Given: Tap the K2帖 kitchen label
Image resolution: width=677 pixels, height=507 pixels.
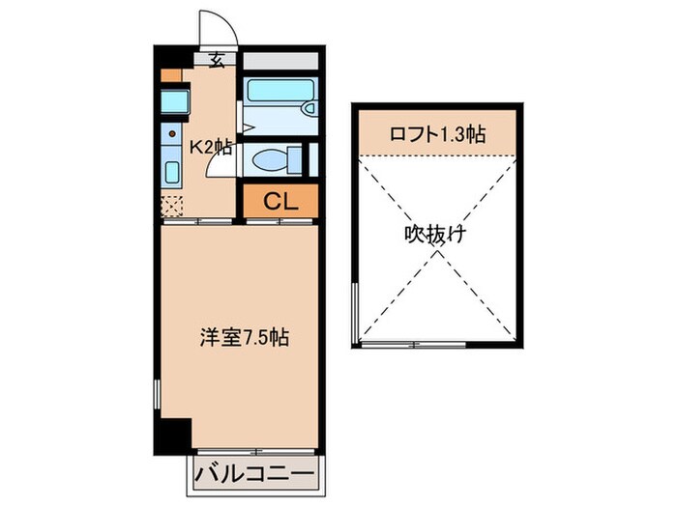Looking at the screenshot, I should pyautogui.click(x=210, y=148).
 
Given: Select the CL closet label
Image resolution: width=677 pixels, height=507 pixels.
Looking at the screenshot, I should pyautogui.click(x=280, y=202).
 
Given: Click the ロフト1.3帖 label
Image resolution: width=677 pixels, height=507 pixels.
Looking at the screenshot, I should pyautogui.click(x=437, y=134).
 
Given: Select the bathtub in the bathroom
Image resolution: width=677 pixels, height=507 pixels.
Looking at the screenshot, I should pyautogui.click(x=279, y=98).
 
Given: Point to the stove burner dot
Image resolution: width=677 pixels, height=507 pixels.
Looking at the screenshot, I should pyautogui.click(x=172, y=133).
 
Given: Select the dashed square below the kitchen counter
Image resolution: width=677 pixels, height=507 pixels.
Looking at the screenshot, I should pyautogui.click(x=172, y=205).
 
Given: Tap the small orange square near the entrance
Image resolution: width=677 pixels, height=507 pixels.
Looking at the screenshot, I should pyautogui.click(x=171, y=73).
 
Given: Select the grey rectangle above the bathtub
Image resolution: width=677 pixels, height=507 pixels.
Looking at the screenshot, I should pyautogui.click(x=280, y=60).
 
